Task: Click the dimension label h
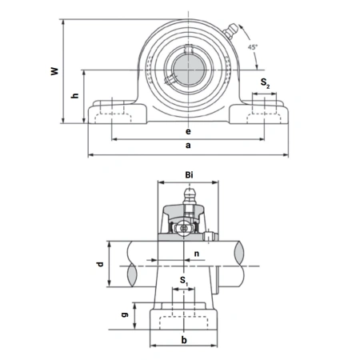point(74,96)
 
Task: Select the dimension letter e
point(187,130)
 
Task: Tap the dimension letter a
point(188,146)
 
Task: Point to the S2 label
point(265,82)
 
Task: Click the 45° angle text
point(253,48)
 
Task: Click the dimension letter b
point(186,339)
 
